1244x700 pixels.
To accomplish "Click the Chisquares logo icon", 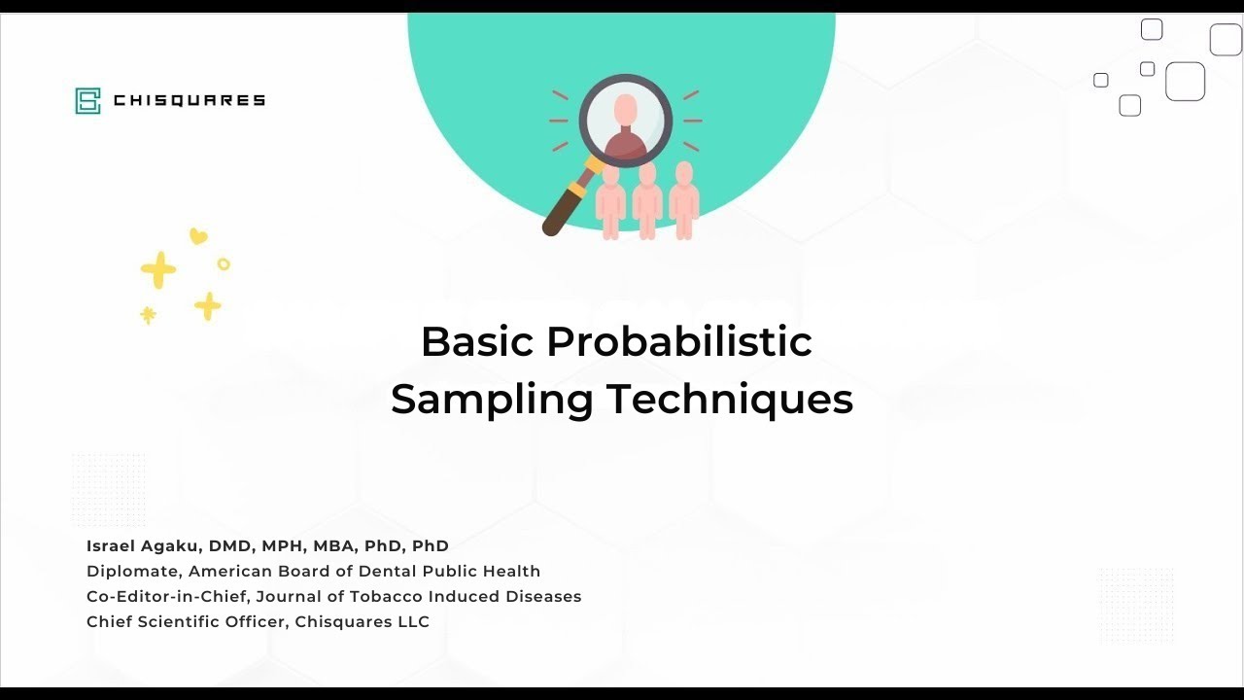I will click(x=87, y=100).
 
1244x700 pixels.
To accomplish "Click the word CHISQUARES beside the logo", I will click(x=190, y=100).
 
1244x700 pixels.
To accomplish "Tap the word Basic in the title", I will click(x=476, y=341).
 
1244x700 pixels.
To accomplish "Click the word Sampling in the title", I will click(x=492, y=400).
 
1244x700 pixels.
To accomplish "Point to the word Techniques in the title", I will click(x=730, y=400).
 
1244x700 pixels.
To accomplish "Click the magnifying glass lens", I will click(x=626, y=121).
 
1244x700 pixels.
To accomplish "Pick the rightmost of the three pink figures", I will click(x=684, y=199).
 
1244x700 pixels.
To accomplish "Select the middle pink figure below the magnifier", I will click(x=647, y=199).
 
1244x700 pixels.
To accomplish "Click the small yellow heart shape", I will click(x=198, y=235).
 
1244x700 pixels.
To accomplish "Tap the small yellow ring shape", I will click(x=224, y=263).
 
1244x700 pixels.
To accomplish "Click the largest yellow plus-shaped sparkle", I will click(x=158, y=270).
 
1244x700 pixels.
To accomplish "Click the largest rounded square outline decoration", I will click(x=1185, y=82).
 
